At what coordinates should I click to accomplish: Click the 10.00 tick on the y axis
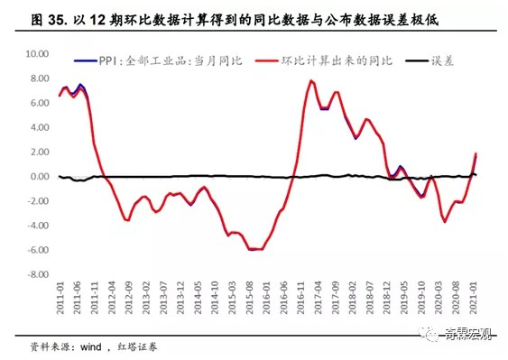click(36, 53)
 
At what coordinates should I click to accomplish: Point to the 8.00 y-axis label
click(39, 78)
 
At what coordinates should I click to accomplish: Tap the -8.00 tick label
click(37, 274)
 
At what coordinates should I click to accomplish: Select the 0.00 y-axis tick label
click(39, 177)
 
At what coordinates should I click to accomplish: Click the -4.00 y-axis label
click(37, 226)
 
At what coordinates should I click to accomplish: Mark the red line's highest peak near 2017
click(311, 80)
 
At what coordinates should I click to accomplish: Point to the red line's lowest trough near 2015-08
click(254, 249)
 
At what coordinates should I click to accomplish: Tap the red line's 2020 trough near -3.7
click(445, 222)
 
